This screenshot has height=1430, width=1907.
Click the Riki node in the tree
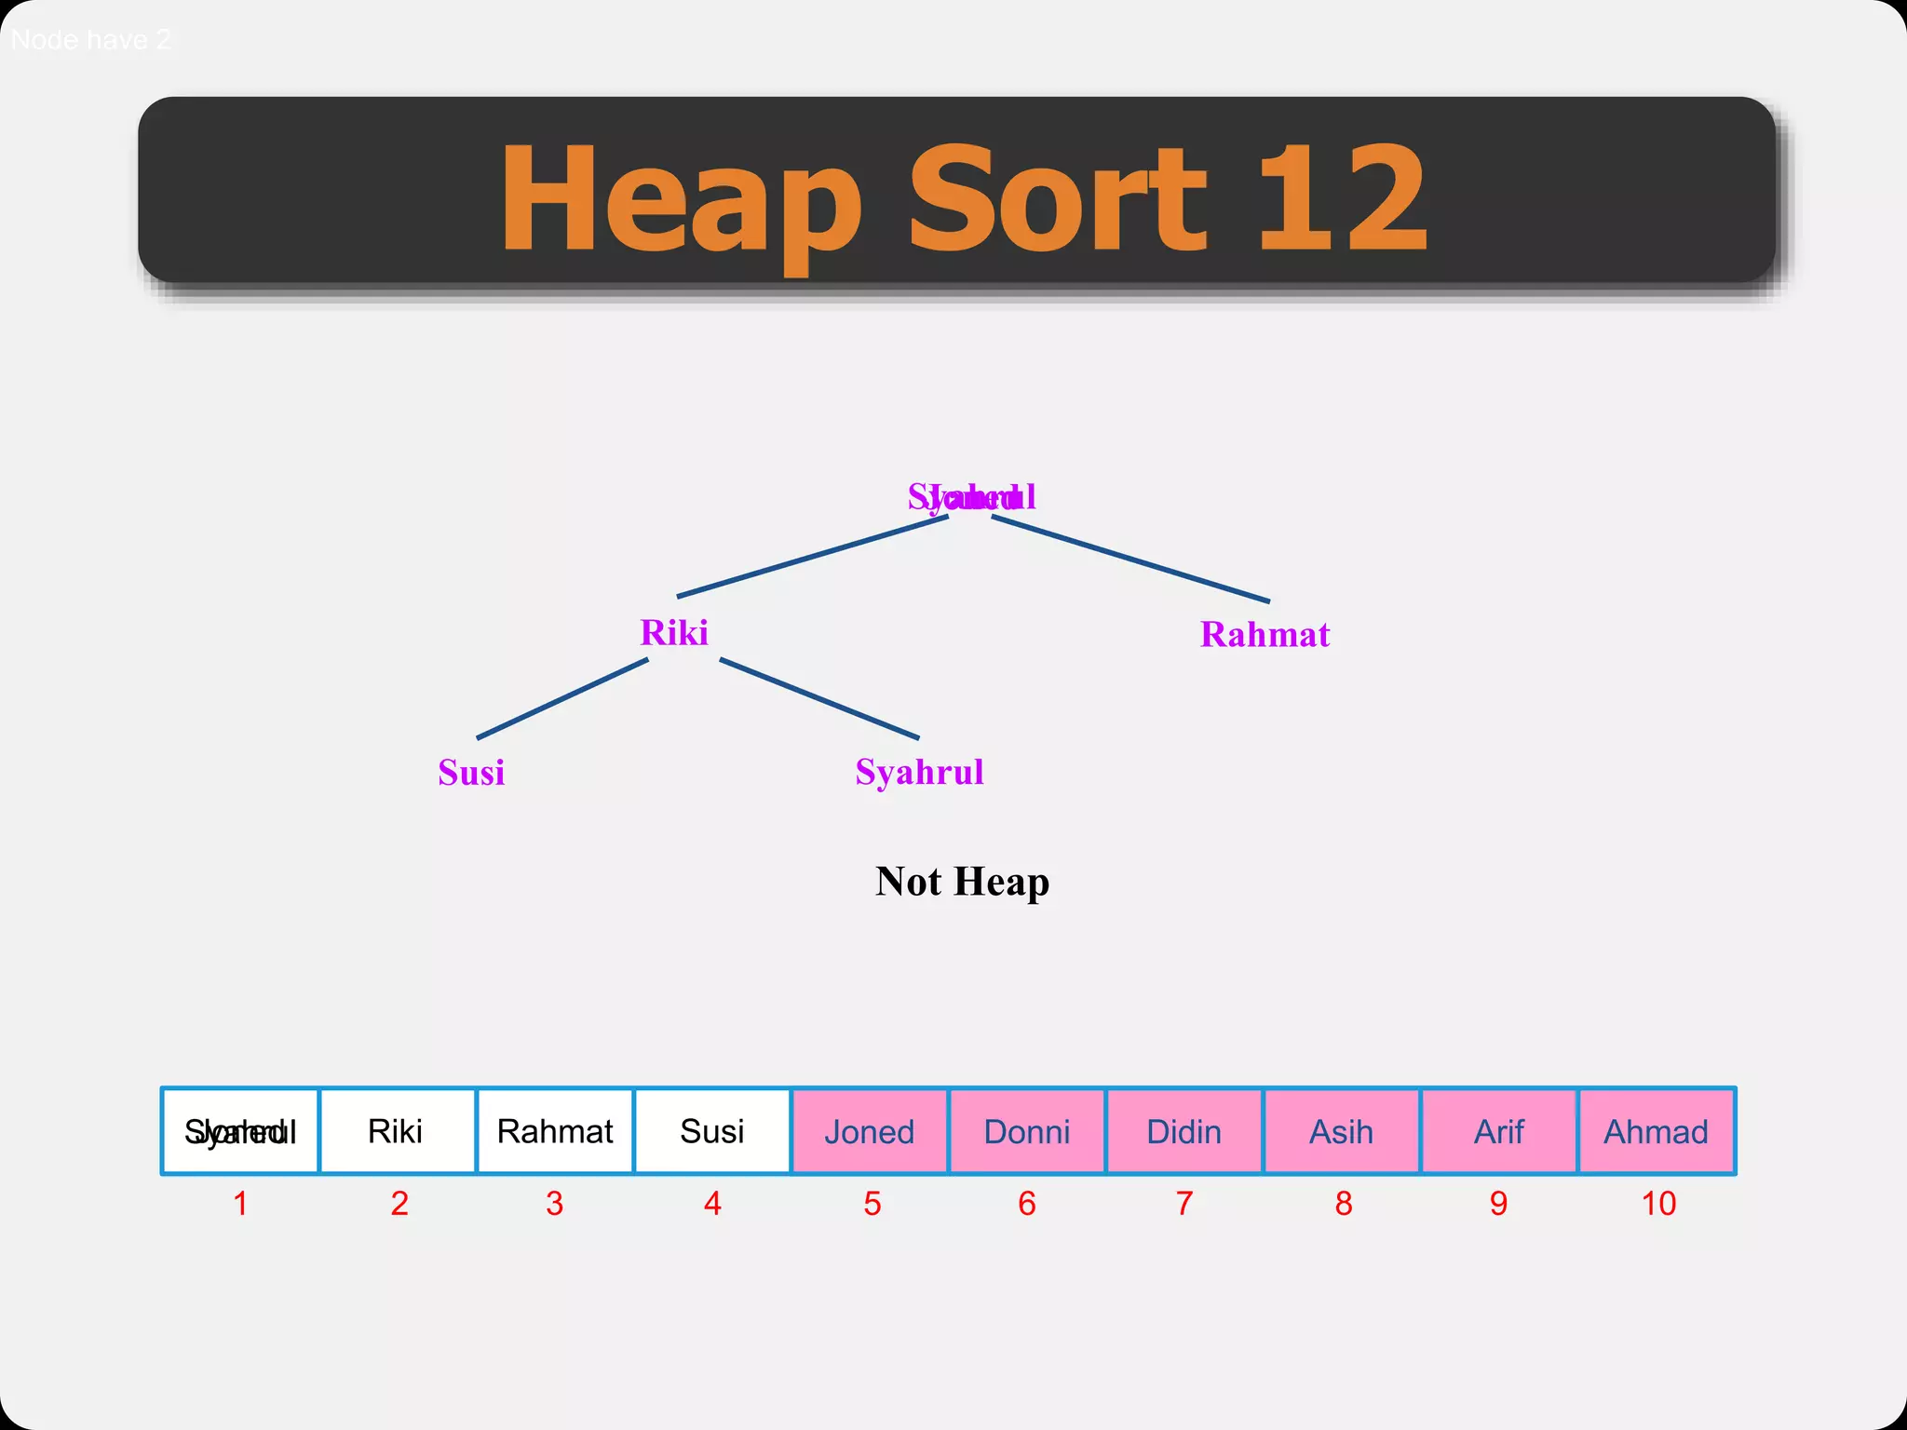tap(673, 633)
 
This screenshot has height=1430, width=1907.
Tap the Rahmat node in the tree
tap(1265, 635)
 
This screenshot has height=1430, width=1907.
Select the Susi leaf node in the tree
tap(471, 773)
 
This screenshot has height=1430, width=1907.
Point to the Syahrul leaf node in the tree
tap(919, 772)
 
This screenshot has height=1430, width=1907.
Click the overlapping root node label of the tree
tap(971, 497)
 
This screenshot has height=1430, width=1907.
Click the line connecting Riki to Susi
tap(562, 698)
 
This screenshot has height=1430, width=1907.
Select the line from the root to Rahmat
tap(1130, 559)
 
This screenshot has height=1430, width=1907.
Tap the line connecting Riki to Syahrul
tap(819, 698)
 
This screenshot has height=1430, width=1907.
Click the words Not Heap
tap(962, 881)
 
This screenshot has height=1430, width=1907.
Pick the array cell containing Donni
tap(1026, 1131)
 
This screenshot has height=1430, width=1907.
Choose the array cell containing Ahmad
tap(1656, 1131)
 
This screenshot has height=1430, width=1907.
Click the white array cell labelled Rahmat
tap(555, 1131)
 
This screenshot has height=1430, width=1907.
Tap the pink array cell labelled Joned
tap(869, 1131)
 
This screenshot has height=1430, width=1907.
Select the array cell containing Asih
tap(1341, 1131)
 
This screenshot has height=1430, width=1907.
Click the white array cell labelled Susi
tap(711, 1131)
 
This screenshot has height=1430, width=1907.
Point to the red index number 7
tap(1183, 1204)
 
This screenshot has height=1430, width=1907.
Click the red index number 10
tap(1657, 1204)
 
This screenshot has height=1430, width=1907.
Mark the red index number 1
tap(240, 1204)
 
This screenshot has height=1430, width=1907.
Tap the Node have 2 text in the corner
tap(90, 40)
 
